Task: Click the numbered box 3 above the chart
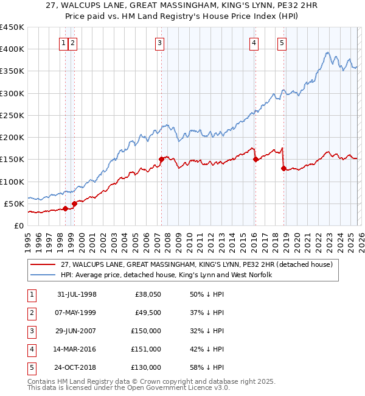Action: click(x=159, y=43)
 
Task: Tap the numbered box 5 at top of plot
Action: click(x=282, y=43)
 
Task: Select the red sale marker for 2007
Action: click(x=161, y=160)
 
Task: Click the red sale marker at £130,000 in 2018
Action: click(x=283, y=168)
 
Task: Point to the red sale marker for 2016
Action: click(x=255, y=159)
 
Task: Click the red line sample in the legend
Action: click(x=43, y=265)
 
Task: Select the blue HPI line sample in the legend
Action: click(x=43, y=275)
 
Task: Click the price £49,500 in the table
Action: click(x=148, y=313)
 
